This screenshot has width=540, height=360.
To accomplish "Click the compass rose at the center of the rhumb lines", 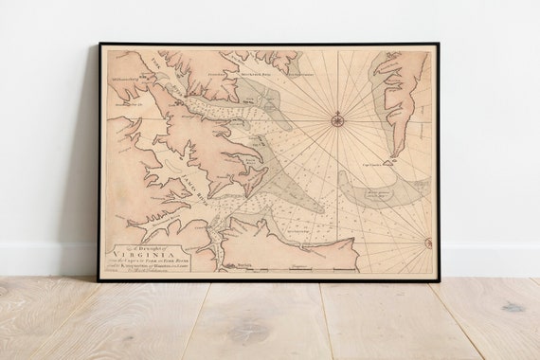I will click(337, 119).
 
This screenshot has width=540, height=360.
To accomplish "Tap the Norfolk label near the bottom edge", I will click(244, 268).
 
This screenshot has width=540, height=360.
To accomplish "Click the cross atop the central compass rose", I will click(337, 110).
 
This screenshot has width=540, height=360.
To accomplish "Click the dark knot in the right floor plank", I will click(513, 307).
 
